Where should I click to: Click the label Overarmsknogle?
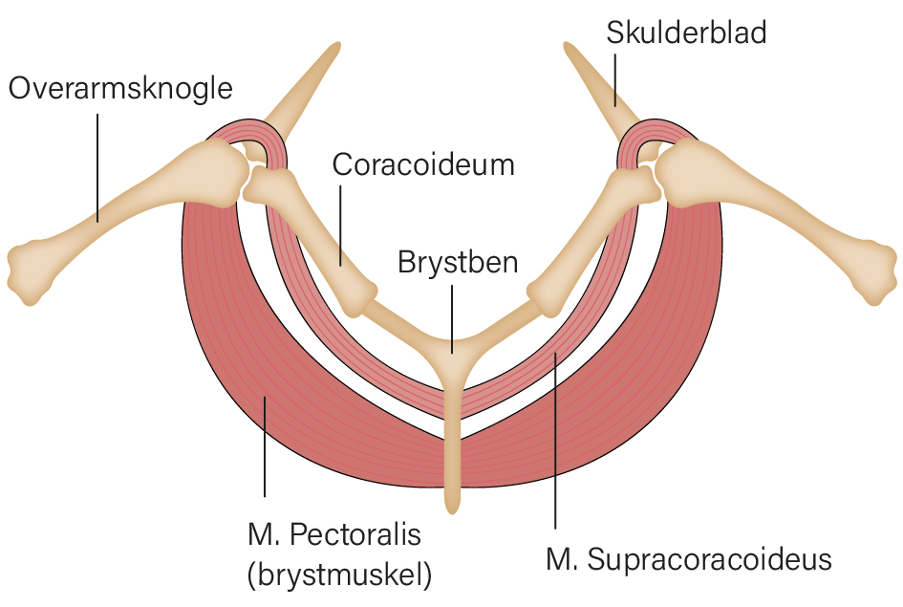(120, 89)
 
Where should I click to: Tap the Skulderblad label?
(686, 33)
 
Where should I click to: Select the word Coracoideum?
(423, 165)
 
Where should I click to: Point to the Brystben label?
(458, 263)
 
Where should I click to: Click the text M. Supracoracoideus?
(689, 560)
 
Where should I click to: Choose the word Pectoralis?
(355, 535)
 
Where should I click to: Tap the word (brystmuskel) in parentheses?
(339, 574)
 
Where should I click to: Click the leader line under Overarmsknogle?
(97, 167)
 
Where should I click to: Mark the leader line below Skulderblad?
(615, 80)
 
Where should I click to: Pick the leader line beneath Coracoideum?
(340, 226)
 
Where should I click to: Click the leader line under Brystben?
(452, 319)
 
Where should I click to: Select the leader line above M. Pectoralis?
(265, 446)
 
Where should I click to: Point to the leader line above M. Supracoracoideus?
(555, 441)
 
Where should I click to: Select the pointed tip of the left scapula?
(337, 46)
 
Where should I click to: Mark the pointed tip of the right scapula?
(568, 46)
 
